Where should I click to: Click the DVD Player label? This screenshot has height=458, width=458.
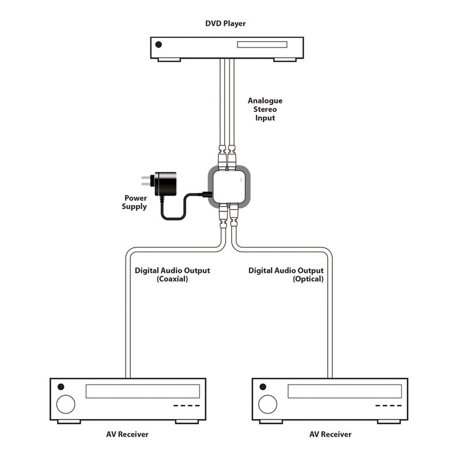pyautogui.click(x=225, y=24)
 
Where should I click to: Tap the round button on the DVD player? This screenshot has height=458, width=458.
pyautogui.click(x=159, y=45)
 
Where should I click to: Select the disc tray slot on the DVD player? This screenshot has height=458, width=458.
pyautogui.click(x=262, y=45)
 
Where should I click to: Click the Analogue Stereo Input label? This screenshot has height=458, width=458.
pyautogui.click(x=265, y=109)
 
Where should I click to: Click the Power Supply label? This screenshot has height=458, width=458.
pyautogui.click(x=135, y=202)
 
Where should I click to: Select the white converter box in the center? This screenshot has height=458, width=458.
pyautogui.click(x=229, y=187)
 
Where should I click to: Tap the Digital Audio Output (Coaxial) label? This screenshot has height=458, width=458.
pyautogui.click(x=172, y=275)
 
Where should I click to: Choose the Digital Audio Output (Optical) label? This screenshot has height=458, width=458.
pyautogui.click(x=286, y=275)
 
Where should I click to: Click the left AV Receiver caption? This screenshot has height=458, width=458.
pyautogui.click(x=127, y=434)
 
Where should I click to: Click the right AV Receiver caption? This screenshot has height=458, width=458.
pyautogui.click(x=330, y=434)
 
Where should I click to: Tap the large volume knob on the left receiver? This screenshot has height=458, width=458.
pyautogui.click(x=66, y=404)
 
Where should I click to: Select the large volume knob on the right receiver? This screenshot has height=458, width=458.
pyautogui.click(x=268, y=404)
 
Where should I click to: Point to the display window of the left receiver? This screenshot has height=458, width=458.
pyautogui.click(x=143, y=391)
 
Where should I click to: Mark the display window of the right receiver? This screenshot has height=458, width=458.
pyautogui.click(x=345, y=391)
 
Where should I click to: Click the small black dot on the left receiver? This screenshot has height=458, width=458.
pyautogui.click(x=61, y=387)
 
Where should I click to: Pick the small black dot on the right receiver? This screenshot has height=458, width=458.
pyautogui.click(x=263, y=387)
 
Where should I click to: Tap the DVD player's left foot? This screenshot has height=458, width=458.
pyautogui.click(x=170, y=60)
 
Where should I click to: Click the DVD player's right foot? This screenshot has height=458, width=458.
pyautogui.click(x=285, y=60)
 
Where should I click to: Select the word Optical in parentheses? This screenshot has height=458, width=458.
pyautogui.click(x=308, y=279)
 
